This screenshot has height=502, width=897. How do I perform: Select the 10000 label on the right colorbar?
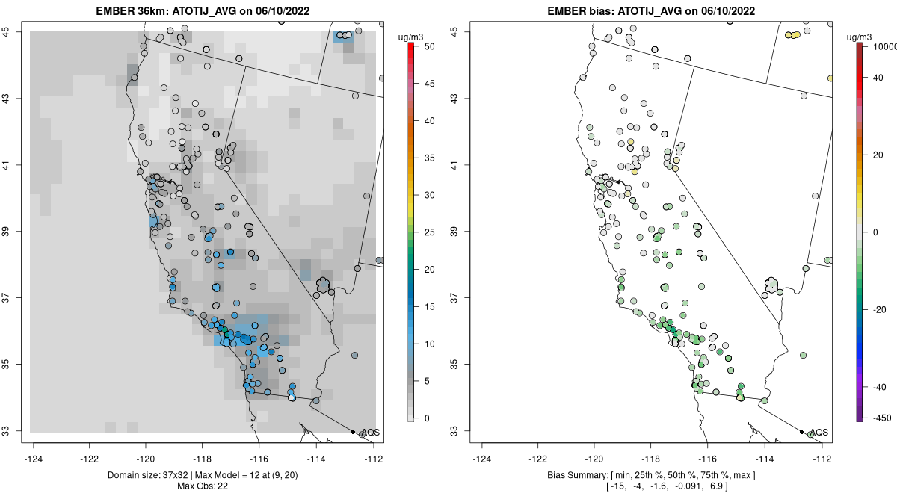click(x=884, y=46)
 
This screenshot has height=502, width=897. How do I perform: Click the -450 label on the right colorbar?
click(x=882, y=418)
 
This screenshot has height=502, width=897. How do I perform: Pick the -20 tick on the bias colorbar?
click(x=880, y=309)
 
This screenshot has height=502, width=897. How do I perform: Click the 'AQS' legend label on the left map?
click(x=370, y=433)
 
